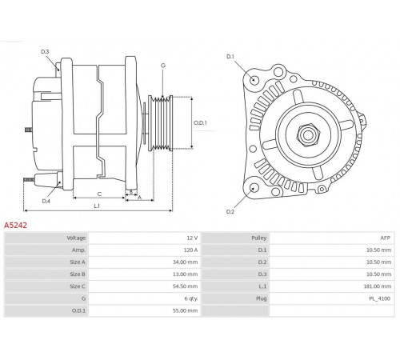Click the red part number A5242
tap(15, 226)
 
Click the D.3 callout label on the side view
tap(45, 51)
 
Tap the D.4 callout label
tap(46, 201)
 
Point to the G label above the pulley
tap(163, 66)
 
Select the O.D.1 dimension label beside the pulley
tap(200, 123)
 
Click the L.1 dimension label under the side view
tap(97, 206)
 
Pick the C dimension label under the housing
tap(99, 194)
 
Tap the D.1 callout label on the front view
tap(230, 57)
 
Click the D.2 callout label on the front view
tap(230, 212)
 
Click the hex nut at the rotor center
tap(308, 135)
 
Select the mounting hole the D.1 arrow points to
tap(254, 79)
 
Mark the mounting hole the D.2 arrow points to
tap(254, 188)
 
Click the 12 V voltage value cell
tap(192, 238)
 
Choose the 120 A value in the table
tap(190, 250)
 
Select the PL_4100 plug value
tap(379, 298)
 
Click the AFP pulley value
tap(385, 238)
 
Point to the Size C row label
tap(78, 286)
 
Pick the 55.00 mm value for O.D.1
tap(185, 310)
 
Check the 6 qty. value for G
tap(191, 298)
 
